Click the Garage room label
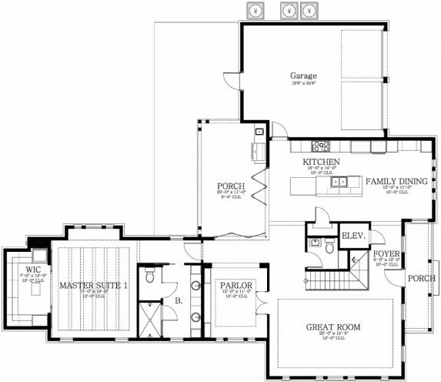[x=304, y=75]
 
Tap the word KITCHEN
[x=321, y=162]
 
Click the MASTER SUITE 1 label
[x=94, y=286]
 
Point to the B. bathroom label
[x=179, y=301]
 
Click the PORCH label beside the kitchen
[x=231, y=186]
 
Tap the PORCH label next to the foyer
[x=421, y=279]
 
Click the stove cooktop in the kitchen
[x=320, y=146]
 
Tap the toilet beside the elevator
[x=329, y=246]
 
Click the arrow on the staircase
[x=353, y=263]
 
